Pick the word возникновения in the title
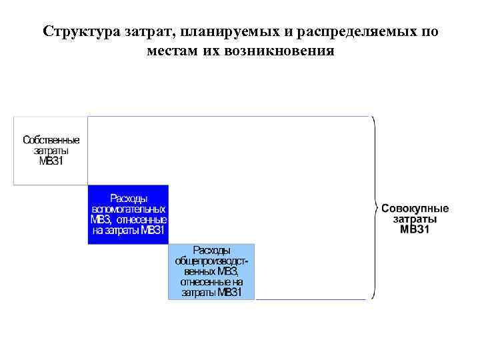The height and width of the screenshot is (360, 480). pos(287,51)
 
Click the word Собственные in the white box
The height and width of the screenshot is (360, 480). pos(51,141)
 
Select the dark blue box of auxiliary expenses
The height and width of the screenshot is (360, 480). pos(129,214)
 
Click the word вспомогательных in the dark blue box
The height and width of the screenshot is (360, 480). pos(129,209)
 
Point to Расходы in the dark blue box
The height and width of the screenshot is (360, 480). pos(129,198)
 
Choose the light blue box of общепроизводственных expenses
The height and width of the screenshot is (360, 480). pos(211,271)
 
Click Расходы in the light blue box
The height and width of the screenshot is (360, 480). pos(211,251)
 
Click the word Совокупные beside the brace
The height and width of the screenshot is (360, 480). pos(415,208)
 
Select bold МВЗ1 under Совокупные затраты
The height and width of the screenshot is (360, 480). pos(415,229)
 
